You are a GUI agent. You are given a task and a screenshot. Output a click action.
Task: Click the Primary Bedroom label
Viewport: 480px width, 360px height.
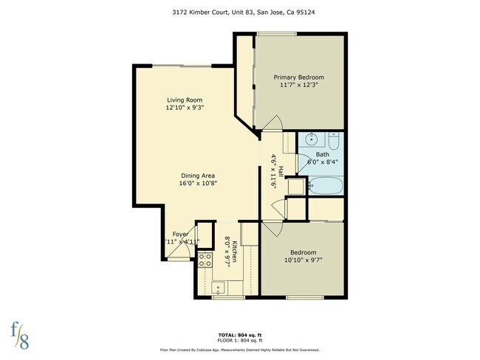coord(299,77)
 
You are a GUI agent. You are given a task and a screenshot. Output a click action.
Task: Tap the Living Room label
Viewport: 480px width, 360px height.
coord(184,100)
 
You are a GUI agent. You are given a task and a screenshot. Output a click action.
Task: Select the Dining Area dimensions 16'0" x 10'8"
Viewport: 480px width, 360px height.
coord(198,184)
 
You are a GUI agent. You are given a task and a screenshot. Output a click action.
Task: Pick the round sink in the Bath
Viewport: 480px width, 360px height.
coord(312,138)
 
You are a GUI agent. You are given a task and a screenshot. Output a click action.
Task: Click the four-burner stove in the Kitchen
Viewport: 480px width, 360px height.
coord(206,260)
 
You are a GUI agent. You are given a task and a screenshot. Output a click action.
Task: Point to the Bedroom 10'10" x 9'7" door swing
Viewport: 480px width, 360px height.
coord(270,227)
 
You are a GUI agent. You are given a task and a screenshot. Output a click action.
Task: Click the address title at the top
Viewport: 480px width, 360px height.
coord(240,13)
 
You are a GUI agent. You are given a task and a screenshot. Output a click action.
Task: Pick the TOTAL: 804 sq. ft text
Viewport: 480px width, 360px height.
coord(240,334)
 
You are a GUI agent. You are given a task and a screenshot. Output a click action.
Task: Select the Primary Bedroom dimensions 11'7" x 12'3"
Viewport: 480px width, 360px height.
coord(299,86)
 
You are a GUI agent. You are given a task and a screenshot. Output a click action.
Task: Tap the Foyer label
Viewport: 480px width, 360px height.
coord(181,234)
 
